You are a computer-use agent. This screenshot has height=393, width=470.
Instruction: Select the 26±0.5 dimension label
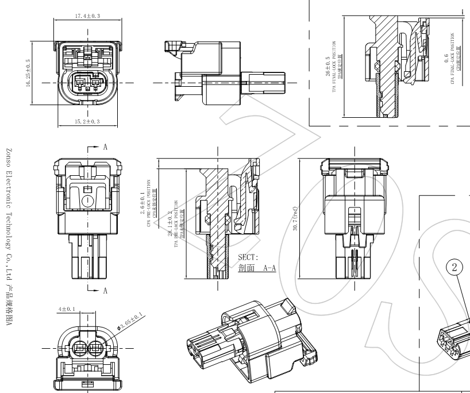click(x=328, y=66)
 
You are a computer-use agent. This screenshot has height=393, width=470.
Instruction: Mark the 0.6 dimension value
click(x=446, y=60)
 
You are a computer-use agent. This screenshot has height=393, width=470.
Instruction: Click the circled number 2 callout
click(x=454, y=267)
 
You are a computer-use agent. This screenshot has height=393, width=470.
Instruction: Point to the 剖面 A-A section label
click(x=256, y=268)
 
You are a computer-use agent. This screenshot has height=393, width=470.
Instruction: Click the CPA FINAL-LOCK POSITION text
click(x=453, y=60)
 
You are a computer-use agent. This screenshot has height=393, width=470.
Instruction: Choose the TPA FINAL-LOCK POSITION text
click(x=334, y=66)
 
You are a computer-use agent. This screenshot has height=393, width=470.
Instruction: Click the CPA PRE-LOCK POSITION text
click(x=148, y=198)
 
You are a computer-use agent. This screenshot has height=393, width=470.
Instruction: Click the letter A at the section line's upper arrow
click(x=105, y=147)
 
